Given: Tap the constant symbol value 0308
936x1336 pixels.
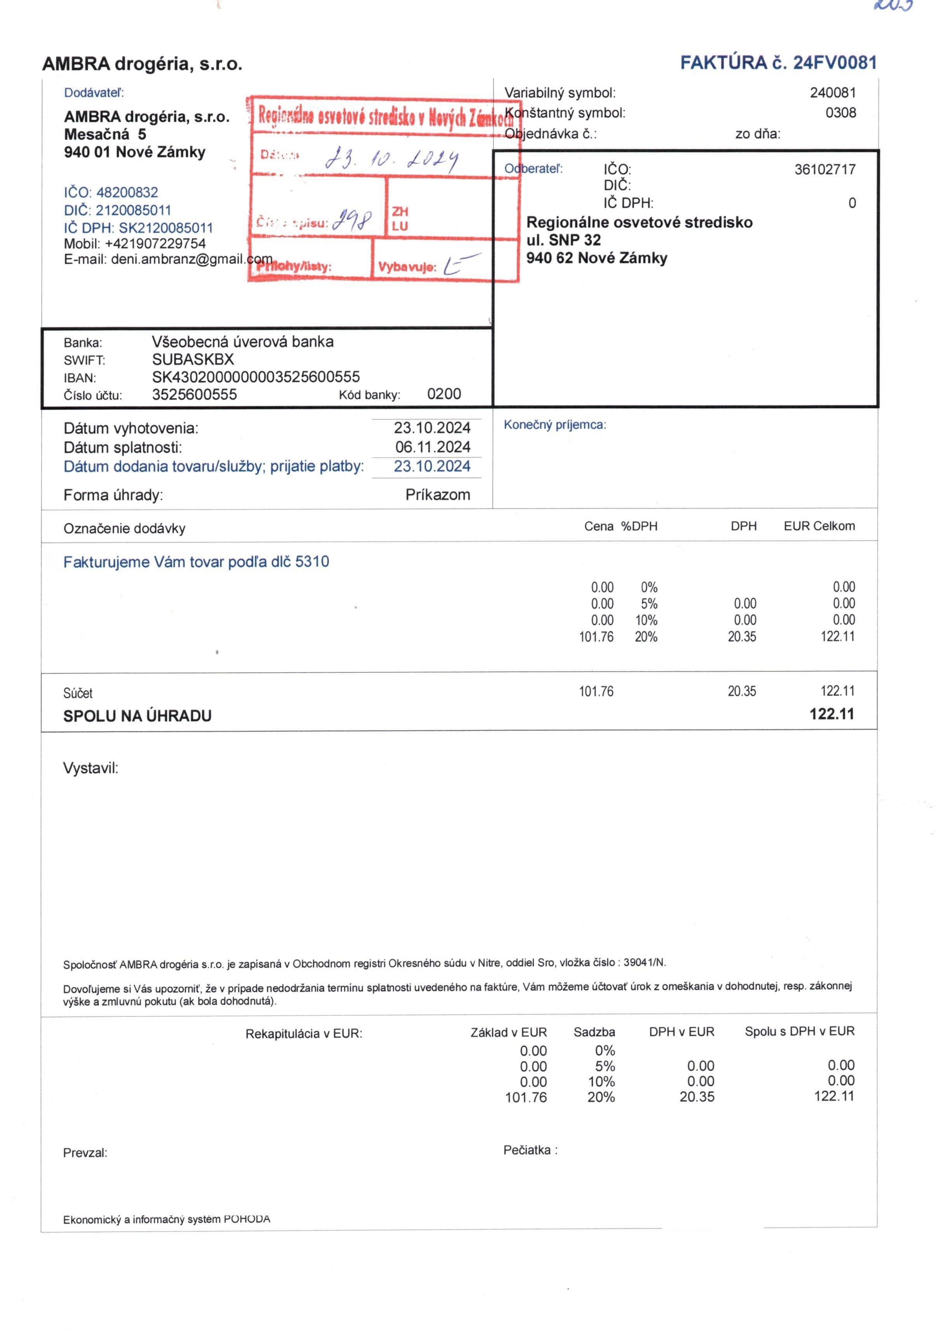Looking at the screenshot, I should (x=840, y=113).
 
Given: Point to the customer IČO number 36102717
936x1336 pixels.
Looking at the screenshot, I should (x=825, y=169).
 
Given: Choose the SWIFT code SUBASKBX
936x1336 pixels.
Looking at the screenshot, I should (x=193, y=359).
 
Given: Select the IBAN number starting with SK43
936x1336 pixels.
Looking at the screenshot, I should (x=256, y=377).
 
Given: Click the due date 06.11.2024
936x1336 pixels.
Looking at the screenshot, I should (x=432, y=447).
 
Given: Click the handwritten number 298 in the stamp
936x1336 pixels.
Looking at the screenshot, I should (x=352, y=220).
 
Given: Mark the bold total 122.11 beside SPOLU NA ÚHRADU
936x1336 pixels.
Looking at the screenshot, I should (x=832, y=714).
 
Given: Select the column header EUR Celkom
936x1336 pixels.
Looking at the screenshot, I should (x=819, y=526).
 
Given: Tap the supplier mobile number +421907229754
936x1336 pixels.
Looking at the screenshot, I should (x=155, y=243).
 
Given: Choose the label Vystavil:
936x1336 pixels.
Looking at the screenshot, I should (x=91, y=768).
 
